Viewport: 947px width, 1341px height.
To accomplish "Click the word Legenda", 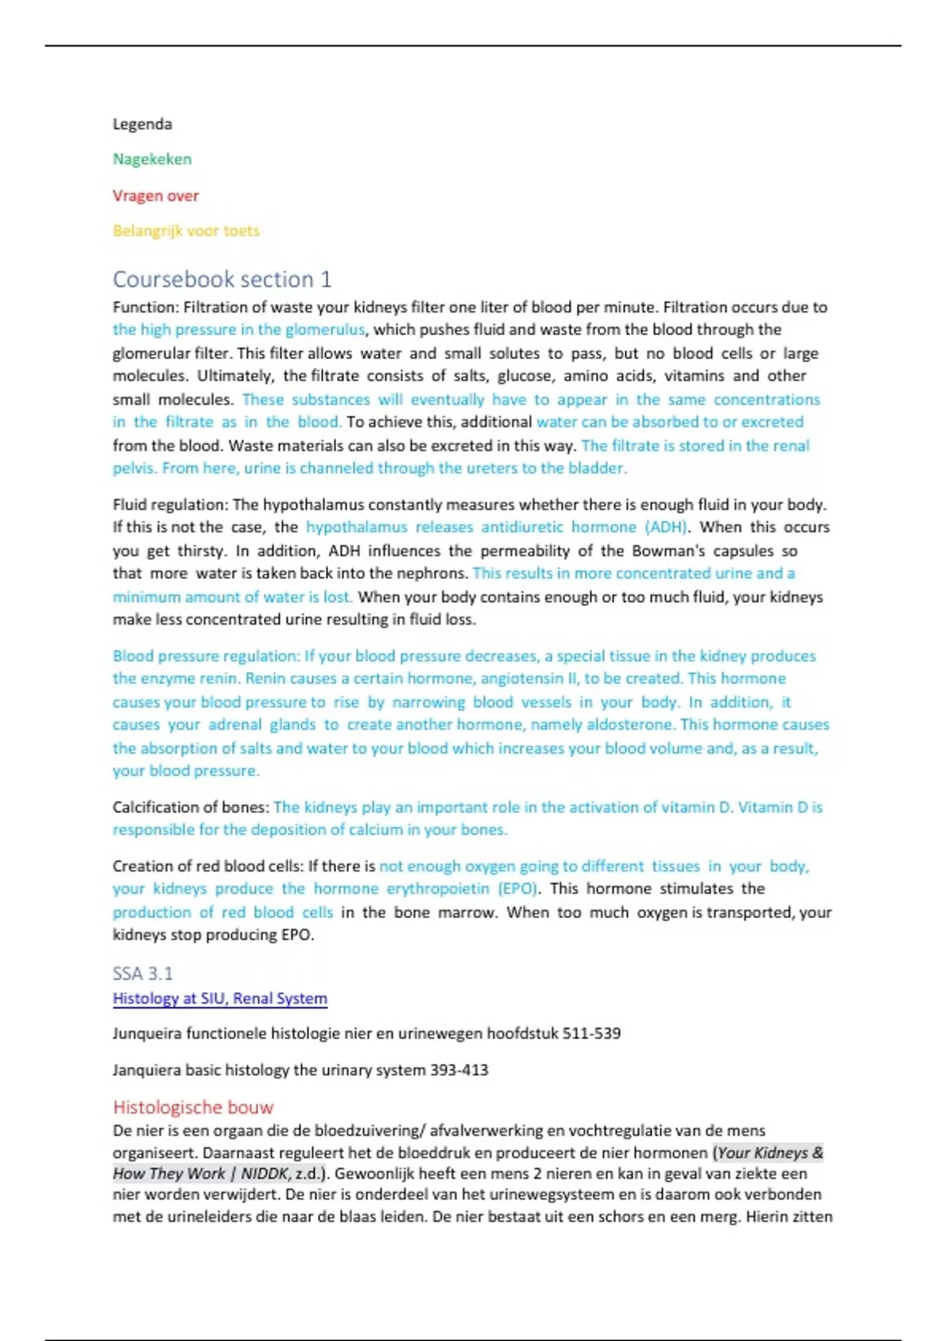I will [x=142, y=124].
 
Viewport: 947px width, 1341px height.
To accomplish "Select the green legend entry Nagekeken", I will [x=152, y=159].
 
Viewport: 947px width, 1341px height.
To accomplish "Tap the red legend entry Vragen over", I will [x=155, y=196].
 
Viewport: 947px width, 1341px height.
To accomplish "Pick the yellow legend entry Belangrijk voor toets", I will [x=186, y=231].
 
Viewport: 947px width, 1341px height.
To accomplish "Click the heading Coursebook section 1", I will [x=222, y=279].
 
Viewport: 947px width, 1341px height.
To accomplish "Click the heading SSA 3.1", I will [x=143, y=973].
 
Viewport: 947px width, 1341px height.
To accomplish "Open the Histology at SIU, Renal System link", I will [x=219, y=999].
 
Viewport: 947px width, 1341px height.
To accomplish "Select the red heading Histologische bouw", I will [x=193, y=1107].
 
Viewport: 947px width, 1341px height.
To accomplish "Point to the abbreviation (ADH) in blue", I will [x=666, y=527].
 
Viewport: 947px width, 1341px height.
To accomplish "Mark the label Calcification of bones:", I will [x=191, y=808].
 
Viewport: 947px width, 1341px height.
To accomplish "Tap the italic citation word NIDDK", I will [x=264, y=1174].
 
